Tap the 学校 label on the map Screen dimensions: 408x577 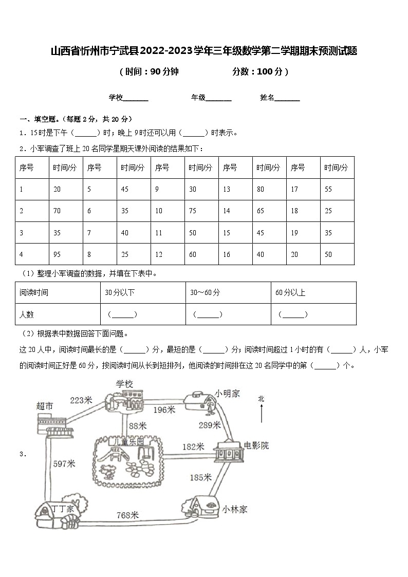point(124,384)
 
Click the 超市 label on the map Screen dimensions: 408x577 point(45,405)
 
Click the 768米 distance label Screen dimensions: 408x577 point(127,515)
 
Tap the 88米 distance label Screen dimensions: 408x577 point(138,425)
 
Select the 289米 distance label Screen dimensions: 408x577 point(210,425)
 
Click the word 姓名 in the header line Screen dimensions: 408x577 point(267,98)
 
